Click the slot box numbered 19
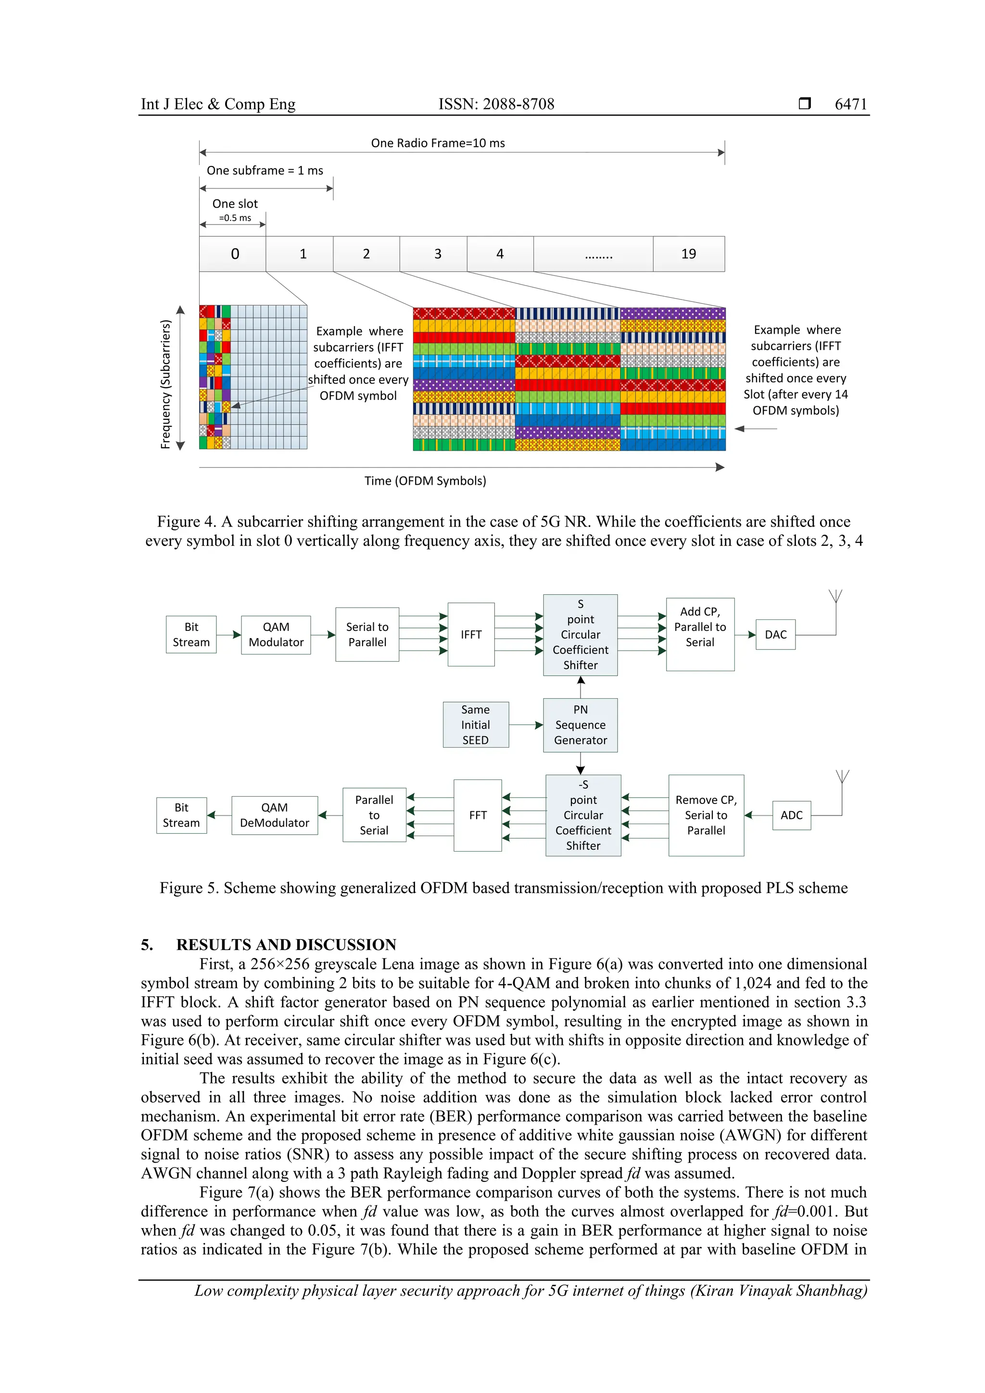(x=688, y=253)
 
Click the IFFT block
(x=471, y=635)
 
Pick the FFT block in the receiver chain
(x=478, y=815)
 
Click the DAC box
(x=775, y=635)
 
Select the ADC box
(x=791, y=815)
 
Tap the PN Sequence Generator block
(x=580, y=725)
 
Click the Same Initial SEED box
(x=475, y=725)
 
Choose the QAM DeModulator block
(x=274, y=815)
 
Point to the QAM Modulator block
(x=276, y=635)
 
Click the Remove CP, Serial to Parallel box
(x=706, y=815)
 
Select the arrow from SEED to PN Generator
(x=526, y=725)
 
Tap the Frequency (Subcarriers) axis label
(x=165, y=384)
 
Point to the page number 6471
(x=850, y=104)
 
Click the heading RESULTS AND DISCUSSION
(x=286, y=945)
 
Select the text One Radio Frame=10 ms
(x=438, y=143)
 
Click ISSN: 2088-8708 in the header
(x=496, y=104)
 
